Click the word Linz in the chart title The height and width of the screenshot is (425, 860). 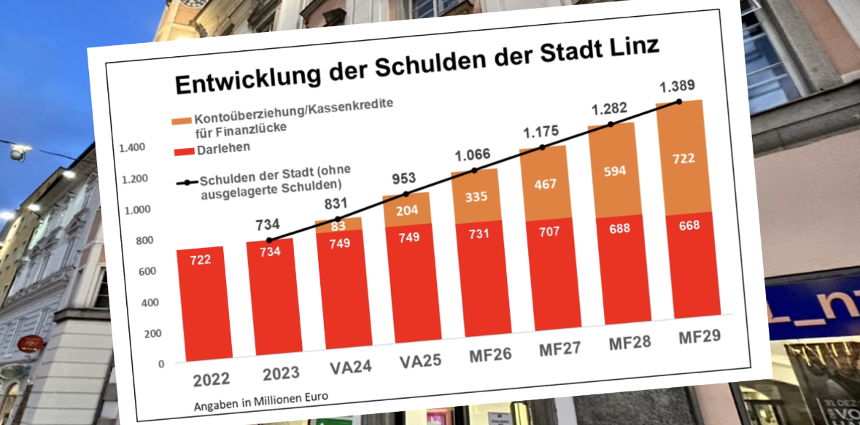pyautogui.click(x=627, y=48)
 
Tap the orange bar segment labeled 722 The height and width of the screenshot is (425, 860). pyautogui.click(x=684, y=158)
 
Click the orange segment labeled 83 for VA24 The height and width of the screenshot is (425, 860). pyautogui.click(x=338, y=225)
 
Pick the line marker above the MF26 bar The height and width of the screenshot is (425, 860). pyautogui.click(x=474, y=171)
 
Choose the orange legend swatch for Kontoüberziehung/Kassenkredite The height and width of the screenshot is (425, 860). pyautogui.click(x=180, y=120)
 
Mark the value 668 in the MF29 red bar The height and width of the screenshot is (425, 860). pyautogui.click(x=688, y=225)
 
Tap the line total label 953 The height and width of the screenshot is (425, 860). pyautogui.click(x=398, y=178)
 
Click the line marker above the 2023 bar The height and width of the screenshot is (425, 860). pyautogui.click(x=269, y=240)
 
